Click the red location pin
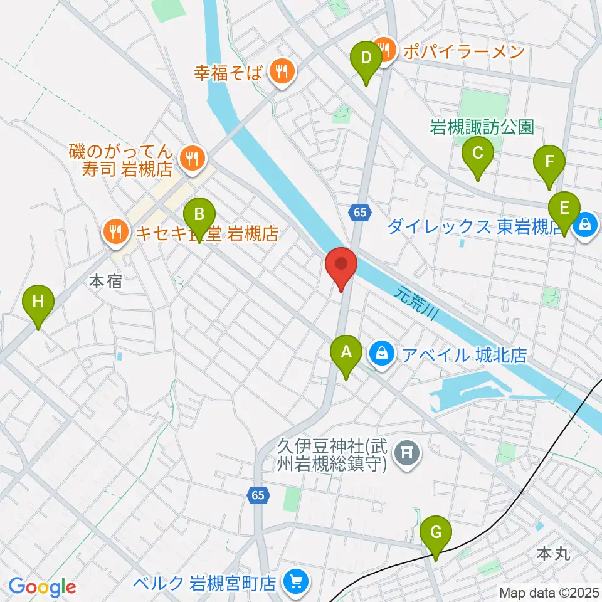coord(342,267)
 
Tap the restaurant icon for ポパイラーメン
coord(383,48)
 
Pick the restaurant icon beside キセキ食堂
coord(115,233)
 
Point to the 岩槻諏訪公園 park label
coord(482,128)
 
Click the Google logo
coord(42,587)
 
